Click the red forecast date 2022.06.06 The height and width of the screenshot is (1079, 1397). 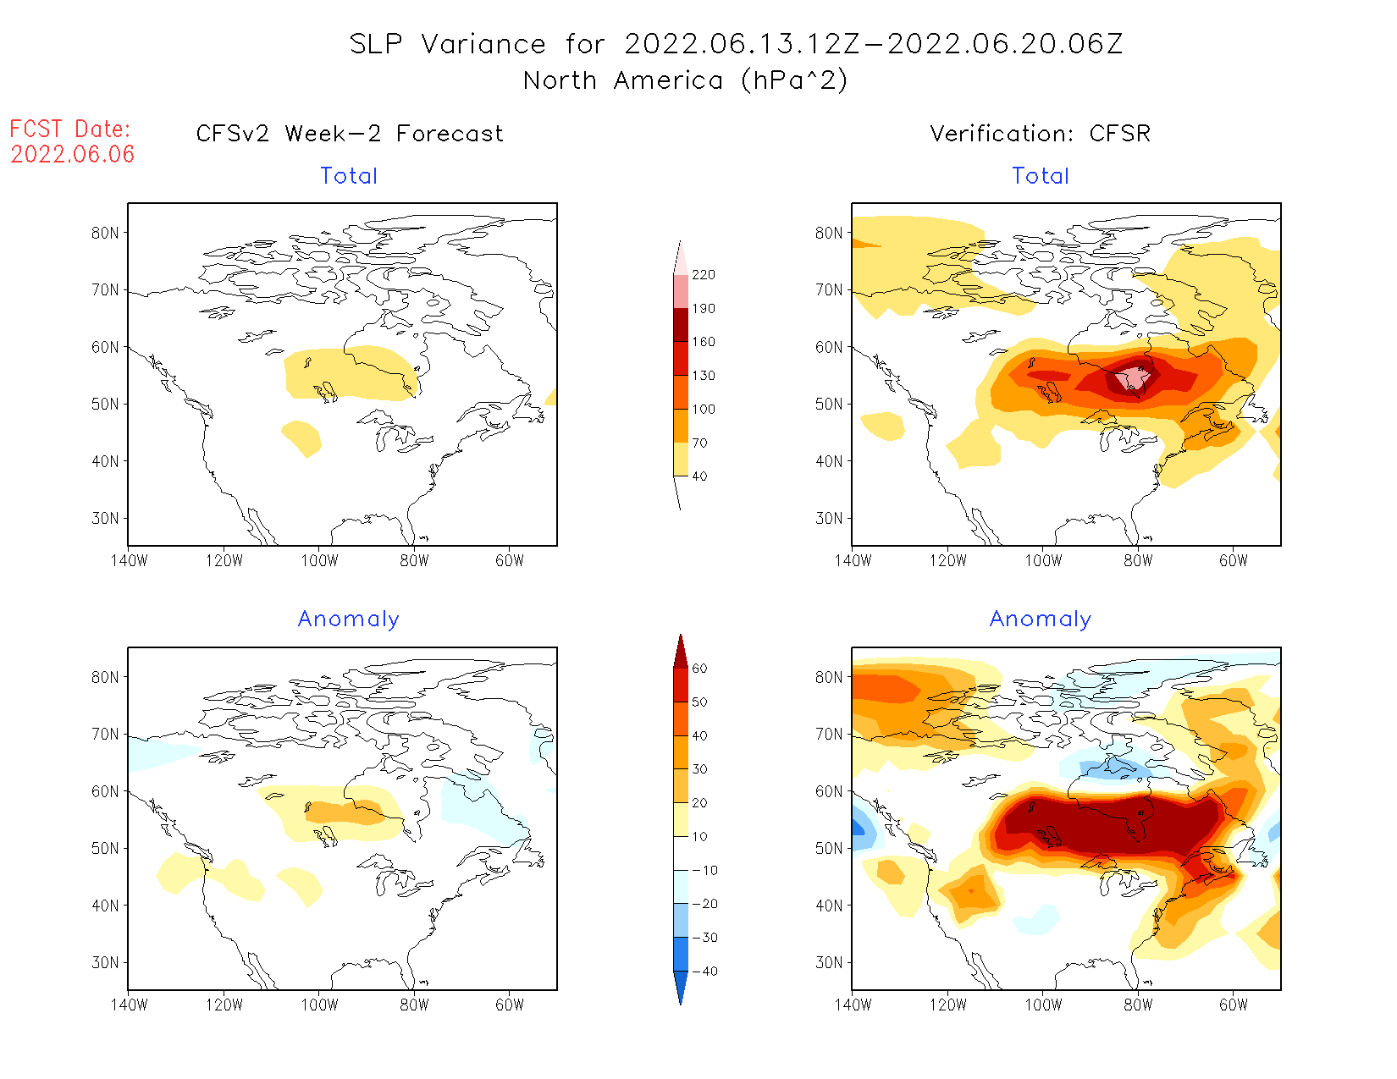tap(72, 154)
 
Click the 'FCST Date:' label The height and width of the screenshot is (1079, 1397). tap(70, 129)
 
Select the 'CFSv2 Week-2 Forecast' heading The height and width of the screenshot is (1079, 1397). tap(349, 134)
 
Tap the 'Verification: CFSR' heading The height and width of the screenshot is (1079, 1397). tap(1040, 134)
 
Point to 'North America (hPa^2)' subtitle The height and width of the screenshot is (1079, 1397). tap(685, 80)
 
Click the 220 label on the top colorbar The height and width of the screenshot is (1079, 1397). tap(703, 275)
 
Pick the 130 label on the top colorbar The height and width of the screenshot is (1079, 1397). tap(703, 376)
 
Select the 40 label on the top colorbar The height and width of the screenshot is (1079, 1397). tap(699, 476)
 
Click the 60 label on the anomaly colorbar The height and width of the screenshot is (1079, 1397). tap(699, 669)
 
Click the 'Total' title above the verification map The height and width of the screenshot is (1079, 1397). tap(1040, 176)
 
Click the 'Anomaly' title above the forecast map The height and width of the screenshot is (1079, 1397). tap(348, 619)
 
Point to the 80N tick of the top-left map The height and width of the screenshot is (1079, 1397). tap(105, 233)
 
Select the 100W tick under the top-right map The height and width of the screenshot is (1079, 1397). tap(1043, 560)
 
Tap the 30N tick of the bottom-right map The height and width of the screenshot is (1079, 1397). tap(829, 962)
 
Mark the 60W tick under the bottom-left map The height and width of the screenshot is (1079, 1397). tap(510, 1005)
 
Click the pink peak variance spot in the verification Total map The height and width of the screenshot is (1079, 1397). tap(1133, 378)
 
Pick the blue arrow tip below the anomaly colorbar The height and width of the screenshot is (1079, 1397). tap(681, 999)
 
